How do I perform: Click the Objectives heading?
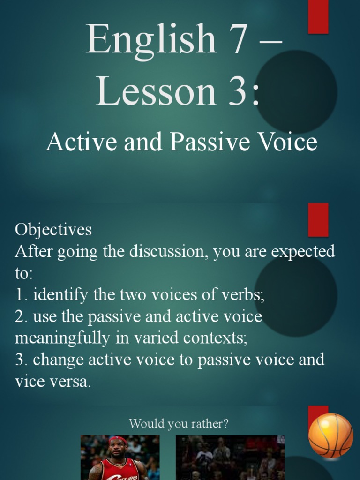53,230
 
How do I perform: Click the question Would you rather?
179,424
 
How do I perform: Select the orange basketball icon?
330,435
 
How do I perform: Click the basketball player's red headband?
118,440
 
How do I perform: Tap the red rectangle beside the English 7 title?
318,17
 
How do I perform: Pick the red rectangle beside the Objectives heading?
318,219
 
